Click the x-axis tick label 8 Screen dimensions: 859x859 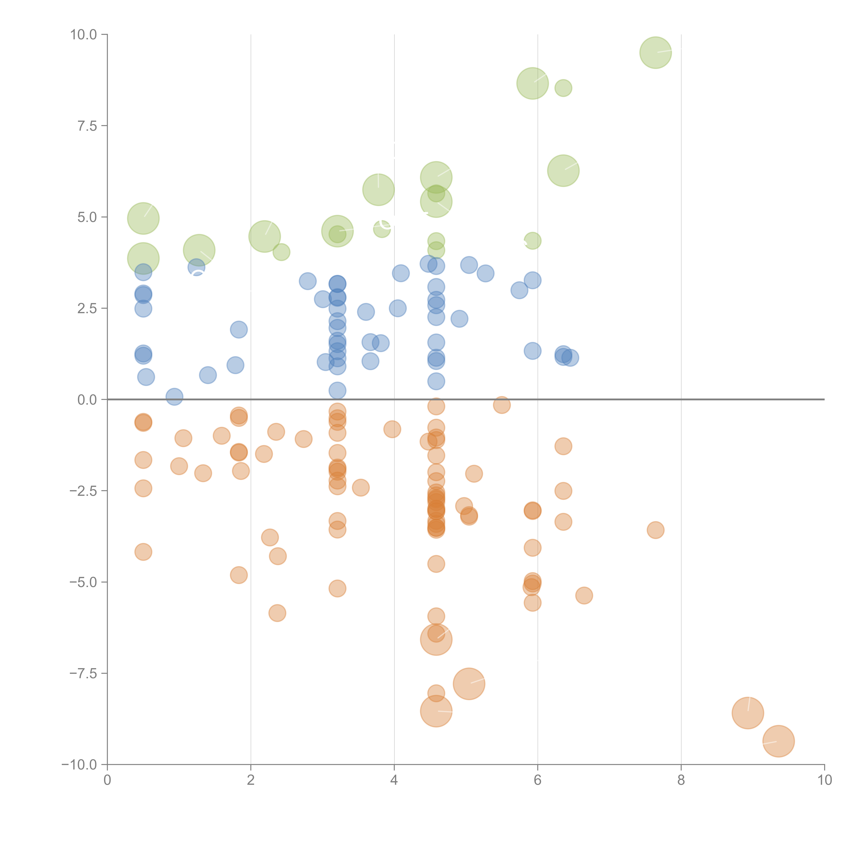[x=681, y=780]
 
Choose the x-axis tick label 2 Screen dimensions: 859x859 [x=251, y=780]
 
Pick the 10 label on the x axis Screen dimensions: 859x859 [x=824, y=780]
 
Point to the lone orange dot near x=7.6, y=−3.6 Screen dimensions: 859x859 [x=655, y=530]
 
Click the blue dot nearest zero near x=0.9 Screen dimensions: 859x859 [x=174, y=397]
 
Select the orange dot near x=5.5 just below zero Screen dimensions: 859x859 [x=501, y=405]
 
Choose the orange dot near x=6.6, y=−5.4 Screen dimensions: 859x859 [x=584, y=595]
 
